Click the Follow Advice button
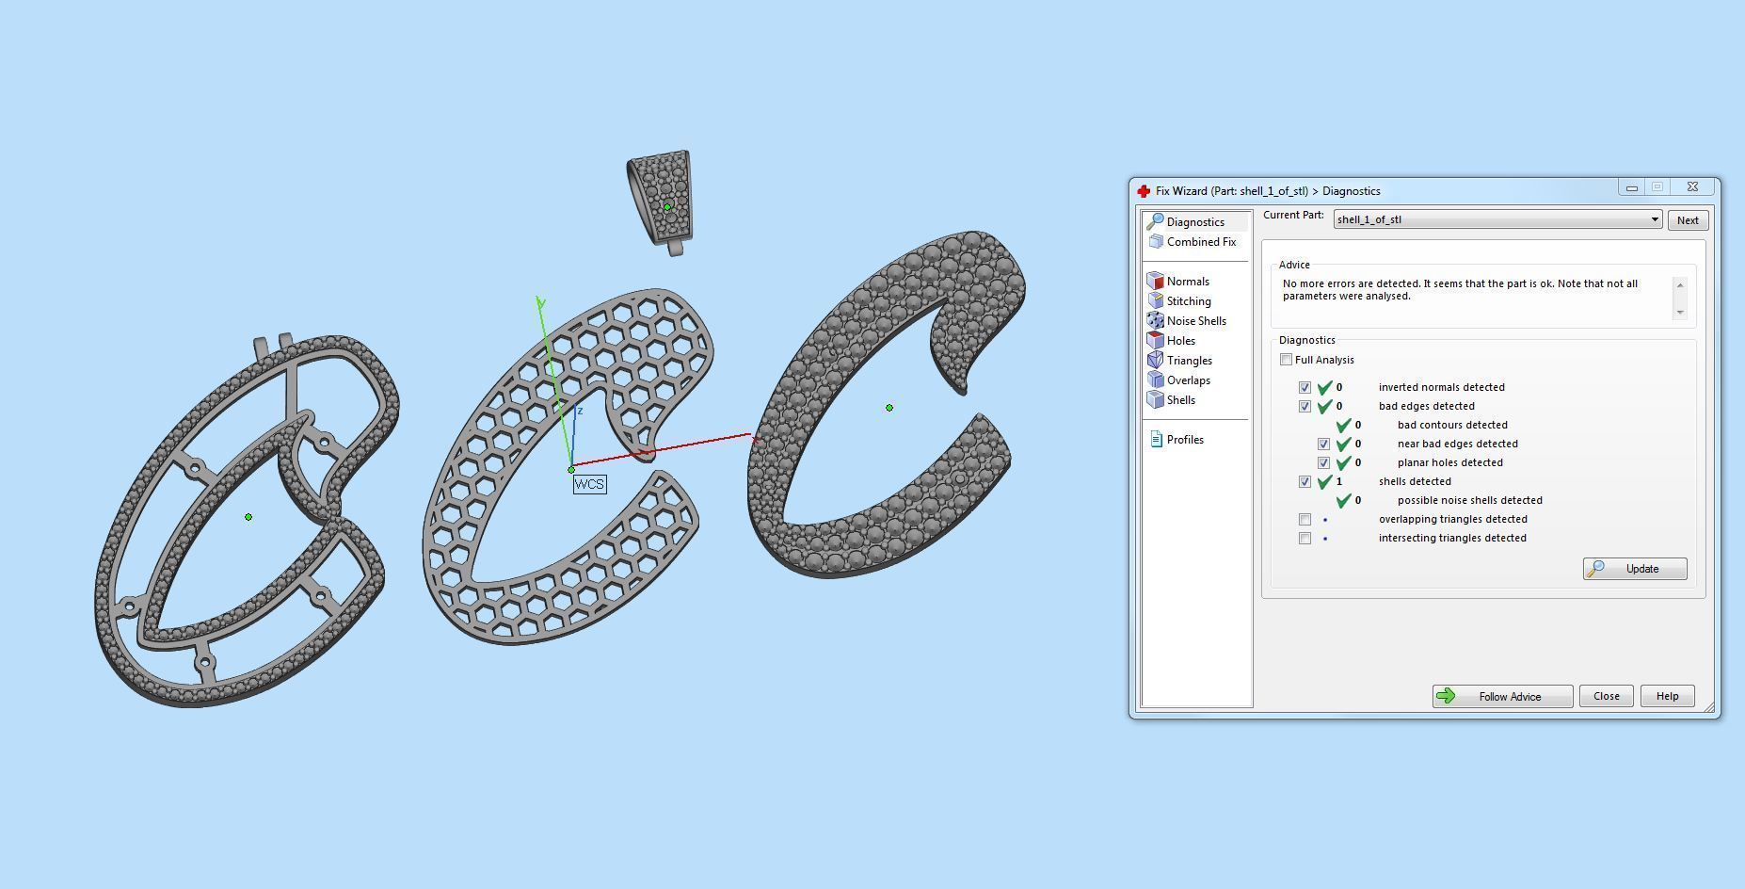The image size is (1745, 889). tap(1502, 697)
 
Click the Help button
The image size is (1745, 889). tap(1667, 696)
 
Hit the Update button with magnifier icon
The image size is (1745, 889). tap(1635, 569)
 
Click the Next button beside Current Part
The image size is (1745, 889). tap(1688, 220)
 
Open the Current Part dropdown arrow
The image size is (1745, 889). tap(1654, 220)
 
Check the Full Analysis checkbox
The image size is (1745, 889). tap(1286, 360)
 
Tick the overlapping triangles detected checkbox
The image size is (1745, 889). tap(1305, 519)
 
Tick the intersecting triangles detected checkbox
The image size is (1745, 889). tap(1305, 538)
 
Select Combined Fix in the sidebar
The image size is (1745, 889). tap(1200, 242)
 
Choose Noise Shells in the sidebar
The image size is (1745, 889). tap(1195, 321)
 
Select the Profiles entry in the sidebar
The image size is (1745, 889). tap(1184, 440)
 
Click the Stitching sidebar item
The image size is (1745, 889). tap(1188, 301)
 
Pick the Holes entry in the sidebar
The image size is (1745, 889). tap(1180, 341)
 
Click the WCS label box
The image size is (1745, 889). tap(589, 484)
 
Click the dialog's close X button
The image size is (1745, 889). tap(1692, 187)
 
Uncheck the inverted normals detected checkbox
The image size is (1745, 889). tap(1305, 387)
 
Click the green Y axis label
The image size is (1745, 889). tap(541, 302)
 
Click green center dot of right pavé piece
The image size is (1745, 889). tap(889, 408)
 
